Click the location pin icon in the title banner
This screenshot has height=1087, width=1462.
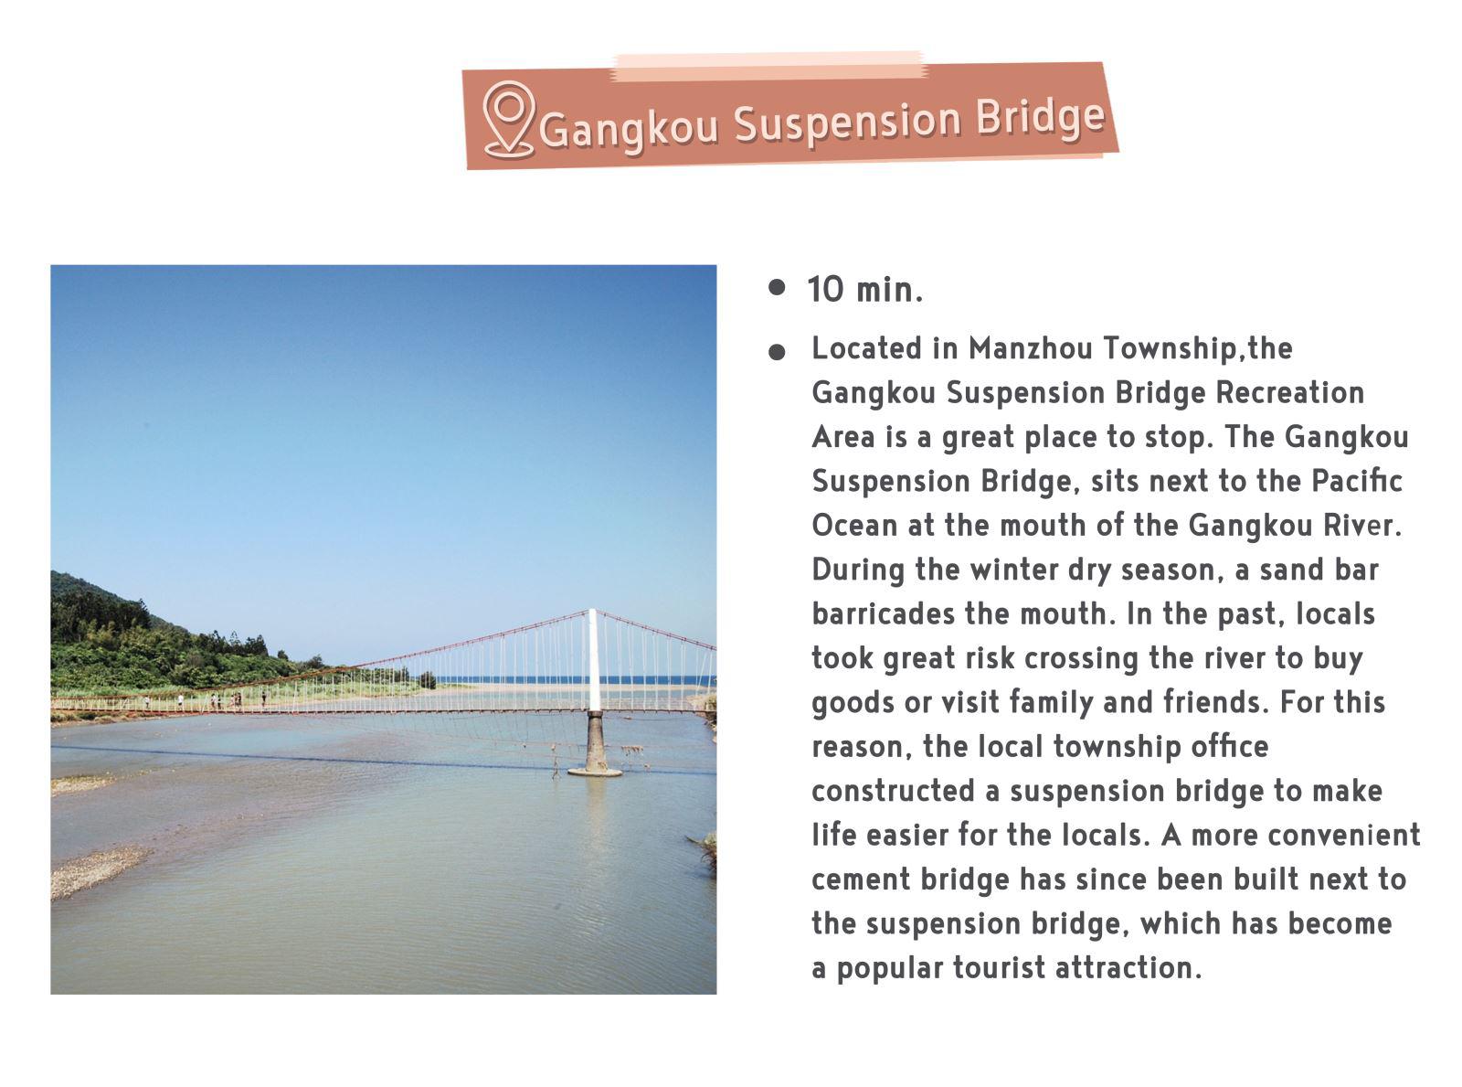507,120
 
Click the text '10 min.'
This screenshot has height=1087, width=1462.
864,290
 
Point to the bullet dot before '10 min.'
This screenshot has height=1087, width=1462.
777,288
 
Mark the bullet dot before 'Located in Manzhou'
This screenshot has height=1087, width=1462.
777,352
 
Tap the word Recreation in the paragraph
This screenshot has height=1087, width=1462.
1289,392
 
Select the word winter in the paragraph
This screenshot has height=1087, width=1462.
1013,569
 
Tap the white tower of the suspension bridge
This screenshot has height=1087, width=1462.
594,659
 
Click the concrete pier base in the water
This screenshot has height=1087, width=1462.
595,743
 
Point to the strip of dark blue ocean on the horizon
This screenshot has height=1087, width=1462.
574,679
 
